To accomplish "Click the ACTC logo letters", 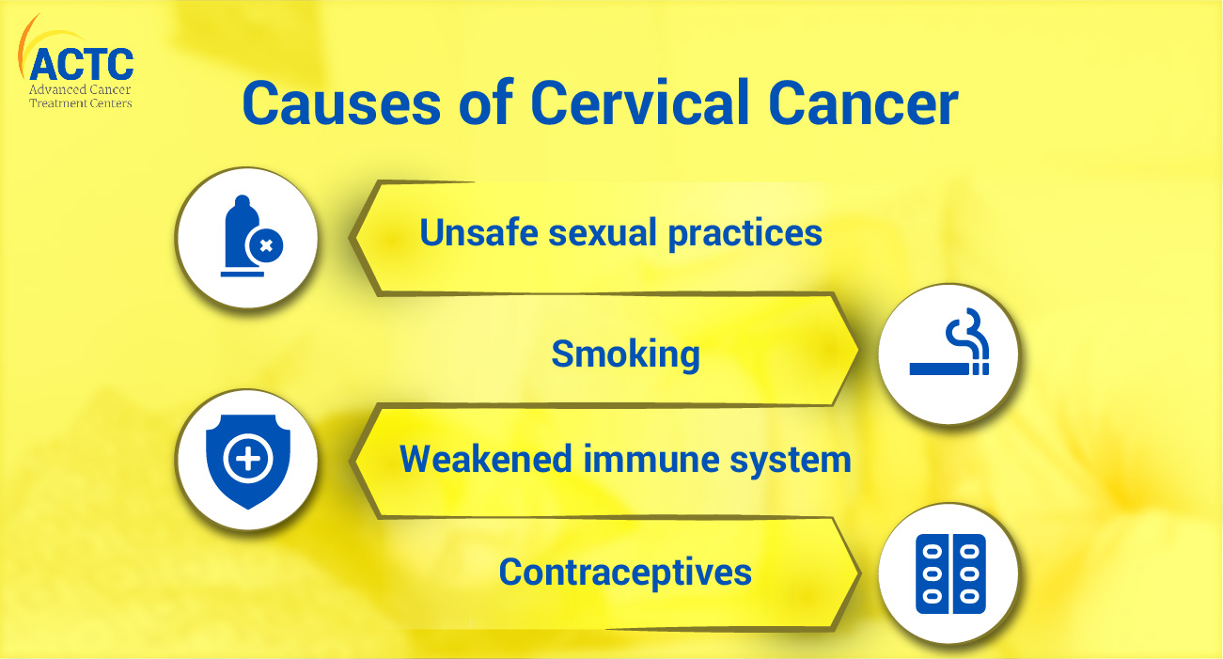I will click(x=82, y=64).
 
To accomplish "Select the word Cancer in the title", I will click(x=864, y=103).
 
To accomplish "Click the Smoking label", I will click(x=625, y=354).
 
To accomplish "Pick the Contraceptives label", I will click(x=625, y=572).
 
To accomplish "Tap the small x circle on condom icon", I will click(x=265, y=246).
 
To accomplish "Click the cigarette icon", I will click(x=948, y=353).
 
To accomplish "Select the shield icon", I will click(x=247, y=460).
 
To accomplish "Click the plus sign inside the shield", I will click(x=247, y=459).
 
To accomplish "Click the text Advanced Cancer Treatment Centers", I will click(x=82, y=96).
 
